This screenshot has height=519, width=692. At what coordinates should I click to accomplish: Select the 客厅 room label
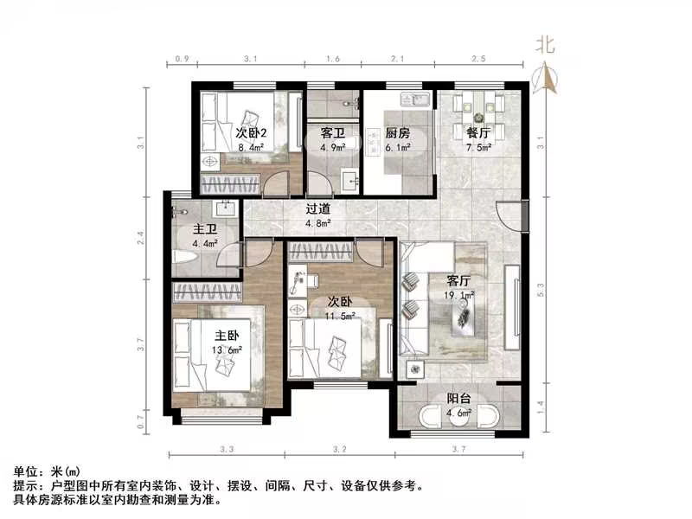pos(458,280)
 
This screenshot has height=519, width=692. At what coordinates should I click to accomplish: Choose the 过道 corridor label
pos(318,208)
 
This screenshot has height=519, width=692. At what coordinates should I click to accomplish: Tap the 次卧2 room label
pos(251,133)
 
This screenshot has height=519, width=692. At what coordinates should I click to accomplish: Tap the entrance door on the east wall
pos(513,215)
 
